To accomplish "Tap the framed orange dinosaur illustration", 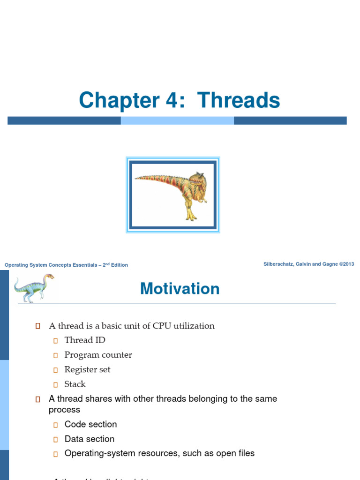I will [173, 195].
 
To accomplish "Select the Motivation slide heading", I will [180, 289].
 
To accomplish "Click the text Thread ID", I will [85, 340].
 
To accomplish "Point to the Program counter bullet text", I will [98, 355].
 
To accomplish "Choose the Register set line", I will [87, 369].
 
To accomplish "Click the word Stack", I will [75, 384].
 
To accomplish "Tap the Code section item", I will [90, 424].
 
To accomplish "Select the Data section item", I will [89, 439].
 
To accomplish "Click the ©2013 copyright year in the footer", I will [347, 264].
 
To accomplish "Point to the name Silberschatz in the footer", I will [281, 264].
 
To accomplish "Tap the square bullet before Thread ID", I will [55, 341].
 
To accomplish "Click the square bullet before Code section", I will [55, 425].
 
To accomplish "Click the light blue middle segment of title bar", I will [177, 120].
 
